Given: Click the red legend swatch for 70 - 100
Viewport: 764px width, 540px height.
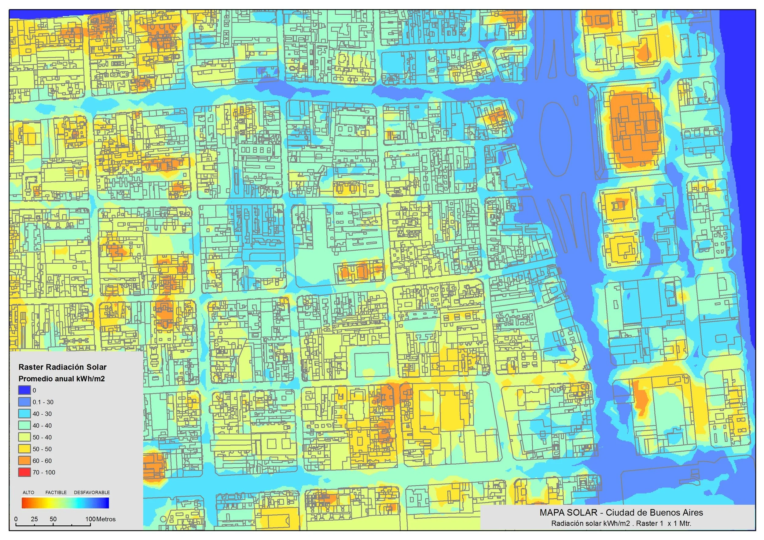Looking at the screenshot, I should coord(25,472).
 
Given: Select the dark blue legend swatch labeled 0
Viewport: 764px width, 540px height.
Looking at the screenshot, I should coord(25,390).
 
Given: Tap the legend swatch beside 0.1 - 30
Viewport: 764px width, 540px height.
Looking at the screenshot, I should coord(25,402).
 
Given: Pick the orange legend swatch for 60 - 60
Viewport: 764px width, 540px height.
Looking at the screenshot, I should coord(25,461).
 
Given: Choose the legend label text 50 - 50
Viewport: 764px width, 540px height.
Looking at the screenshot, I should coord(42,449).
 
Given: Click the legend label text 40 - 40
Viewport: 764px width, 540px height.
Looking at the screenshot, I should coord(42,426).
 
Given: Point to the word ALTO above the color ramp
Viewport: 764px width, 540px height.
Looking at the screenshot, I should coord(28,492).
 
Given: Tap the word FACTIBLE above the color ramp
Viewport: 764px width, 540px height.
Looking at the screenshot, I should coord(56,492).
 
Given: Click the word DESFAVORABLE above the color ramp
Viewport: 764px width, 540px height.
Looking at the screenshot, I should coord(92,492).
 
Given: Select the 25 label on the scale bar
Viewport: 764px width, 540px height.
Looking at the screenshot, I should coord(34,519).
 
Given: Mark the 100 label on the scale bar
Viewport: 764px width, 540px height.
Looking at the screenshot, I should coord(90,519).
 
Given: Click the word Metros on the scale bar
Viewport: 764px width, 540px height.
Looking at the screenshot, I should coord(106,519).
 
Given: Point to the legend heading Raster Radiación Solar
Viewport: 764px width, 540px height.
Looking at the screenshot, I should coord(63,367).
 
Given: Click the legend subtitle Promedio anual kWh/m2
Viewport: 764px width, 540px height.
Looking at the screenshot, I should coord(62,379).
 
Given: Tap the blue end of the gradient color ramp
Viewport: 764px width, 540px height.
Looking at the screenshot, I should coord(105,503).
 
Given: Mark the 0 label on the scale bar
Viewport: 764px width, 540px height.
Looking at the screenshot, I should coord(16,519).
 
